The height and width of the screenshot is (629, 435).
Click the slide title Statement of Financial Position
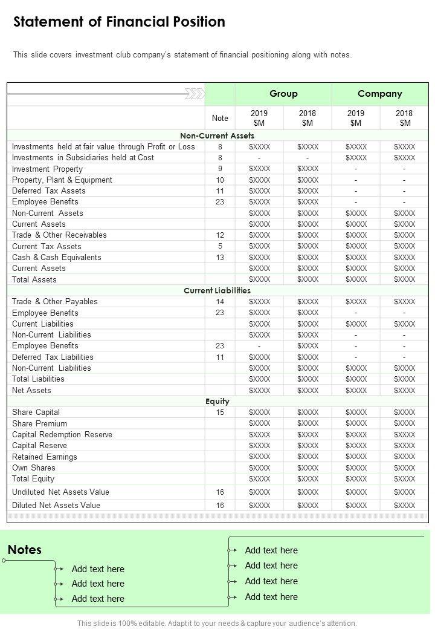[119, 22]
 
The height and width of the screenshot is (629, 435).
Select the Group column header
[283, 94]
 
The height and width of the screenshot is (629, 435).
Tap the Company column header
[379, 94]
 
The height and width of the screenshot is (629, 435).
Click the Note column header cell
[220, 119]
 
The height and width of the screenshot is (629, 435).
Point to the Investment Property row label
[47, 169]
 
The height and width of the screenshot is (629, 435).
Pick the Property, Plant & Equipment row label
[62, 180]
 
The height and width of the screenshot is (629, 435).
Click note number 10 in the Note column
[220, 180]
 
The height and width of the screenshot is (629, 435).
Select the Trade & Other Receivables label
[59, 235]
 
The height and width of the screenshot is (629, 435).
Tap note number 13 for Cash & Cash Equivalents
[220, 257]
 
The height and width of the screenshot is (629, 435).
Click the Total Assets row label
[34, 279]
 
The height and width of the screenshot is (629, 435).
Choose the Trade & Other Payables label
[54, 301]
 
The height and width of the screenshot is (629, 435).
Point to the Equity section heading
[217, 401]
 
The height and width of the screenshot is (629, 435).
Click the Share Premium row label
[39, 423]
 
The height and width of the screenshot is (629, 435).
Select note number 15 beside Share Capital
[220, 412]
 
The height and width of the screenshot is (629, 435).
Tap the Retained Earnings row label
[45, 457]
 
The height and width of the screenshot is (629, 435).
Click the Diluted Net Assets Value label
[56, 505]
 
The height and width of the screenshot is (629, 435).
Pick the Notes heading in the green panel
[25, 550]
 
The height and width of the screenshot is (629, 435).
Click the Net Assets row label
[31, 390]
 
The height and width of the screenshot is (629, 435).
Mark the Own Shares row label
[33, 468]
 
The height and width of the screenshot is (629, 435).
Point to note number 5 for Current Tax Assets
[220, 246]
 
